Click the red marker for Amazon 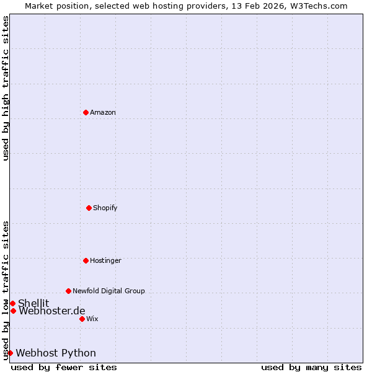click(86, 112)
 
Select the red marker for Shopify click(89, 208)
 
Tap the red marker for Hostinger click(86, 260)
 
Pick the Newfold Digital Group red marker click(68, 291)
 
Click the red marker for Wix click(82, 319)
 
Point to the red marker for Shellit click(12, 303)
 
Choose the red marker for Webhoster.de click(13, 311)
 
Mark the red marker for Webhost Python click(10, 353)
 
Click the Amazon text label click(103, 112)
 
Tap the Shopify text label click(105, 208)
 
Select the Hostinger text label click(105, 260)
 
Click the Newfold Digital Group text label click(108, 291)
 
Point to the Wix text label click(92, 319)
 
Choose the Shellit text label click(33, 303)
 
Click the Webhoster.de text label click(52, 311)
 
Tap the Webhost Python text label click(56, 353)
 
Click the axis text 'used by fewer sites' click(64, 367)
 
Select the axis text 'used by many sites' click(311, 367)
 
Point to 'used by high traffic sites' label click(6, 88)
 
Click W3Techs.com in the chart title click(317, 6)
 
